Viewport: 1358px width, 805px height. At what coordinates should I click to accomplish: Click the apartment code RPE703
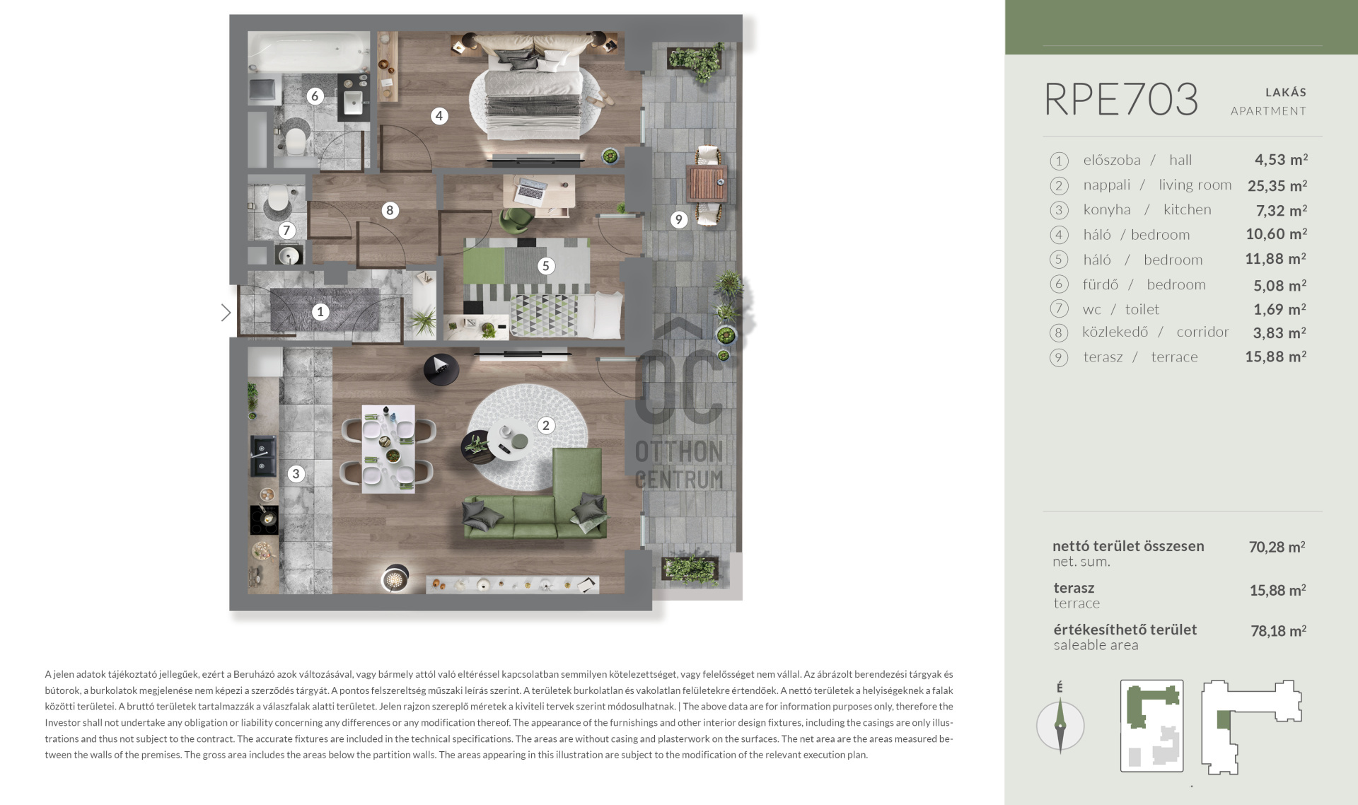[1121, 99]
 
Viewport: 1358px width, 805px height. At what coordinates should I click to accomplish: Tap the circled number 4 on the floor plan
[439, 116]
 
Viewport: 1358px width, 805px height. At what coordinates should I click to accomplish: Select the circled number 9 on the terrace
[678, 219]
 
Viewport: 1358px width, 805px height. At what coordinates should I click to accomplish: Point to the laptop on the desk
[531, 190]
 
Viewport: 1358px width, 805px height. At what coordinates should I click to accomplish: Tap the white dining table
[388, 449]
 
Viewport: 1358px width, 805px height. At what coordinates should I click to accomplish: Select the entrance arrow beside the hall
[226, 313]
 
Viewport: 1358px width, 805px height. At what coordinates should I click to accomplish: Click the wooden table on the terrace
[707, 183]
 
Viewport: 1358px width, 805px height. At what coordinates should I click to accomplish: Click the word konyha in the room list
[1107, 210]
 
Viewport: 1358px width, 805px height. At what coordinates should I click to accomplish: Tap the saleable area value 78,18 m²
[1278, 631]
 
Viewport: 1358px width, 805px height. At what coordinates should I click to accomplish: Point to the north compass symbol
[1060, 724]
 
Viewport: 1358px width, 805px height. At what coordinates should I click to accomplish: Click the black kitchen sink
[263, 456]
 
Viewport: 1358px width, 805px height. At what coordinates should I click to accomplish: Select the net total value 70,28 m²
[1277, 547]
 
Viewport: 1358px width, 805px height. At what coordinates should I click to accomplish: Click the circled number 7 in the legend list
[1059, 309]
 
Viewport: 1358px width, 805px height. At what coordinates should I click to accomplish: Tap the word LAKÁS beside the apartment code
[1286, 92]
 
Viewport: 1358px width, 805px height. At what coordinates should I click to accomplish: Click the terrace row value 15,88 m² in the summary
[1277, 590]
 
